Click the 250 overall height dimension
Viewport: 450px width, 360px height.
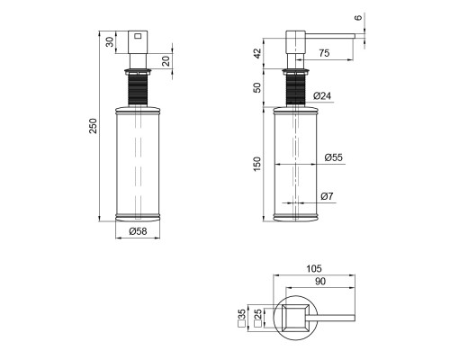point(94,126)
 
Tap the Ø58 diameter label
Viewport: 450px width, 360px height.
point(138,231)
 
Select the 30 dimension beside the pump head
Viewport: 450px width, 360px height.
point(111,41)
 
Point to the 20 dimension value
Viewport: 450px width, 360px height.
point(166,61)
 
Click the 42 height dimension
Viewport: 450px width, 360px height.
point(257,53)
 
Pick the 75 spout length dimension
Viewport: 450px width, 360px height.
point(324,53)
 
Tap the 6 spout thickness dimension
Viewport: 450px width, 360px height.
point(358,18)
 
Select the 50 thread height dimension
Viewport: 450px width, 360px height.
point(257,87)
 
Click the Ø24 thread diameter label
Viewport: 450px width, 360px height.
point(322,96)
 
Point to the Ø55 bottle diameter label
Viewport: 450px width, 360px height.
point(333,157)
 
